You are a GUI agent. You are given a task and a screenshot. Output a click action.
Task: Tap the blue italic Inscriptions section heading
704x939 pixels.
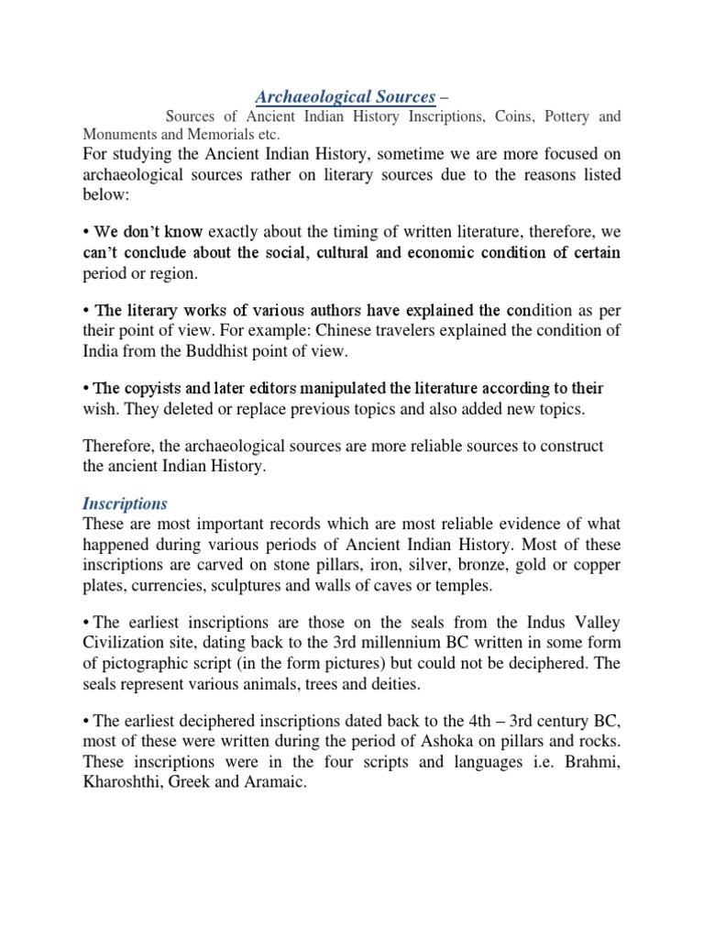click(x=124, y=503)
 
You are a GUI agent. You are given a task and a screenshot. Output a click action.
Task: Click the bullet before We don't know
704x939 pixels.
click(x=86, y=233)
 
